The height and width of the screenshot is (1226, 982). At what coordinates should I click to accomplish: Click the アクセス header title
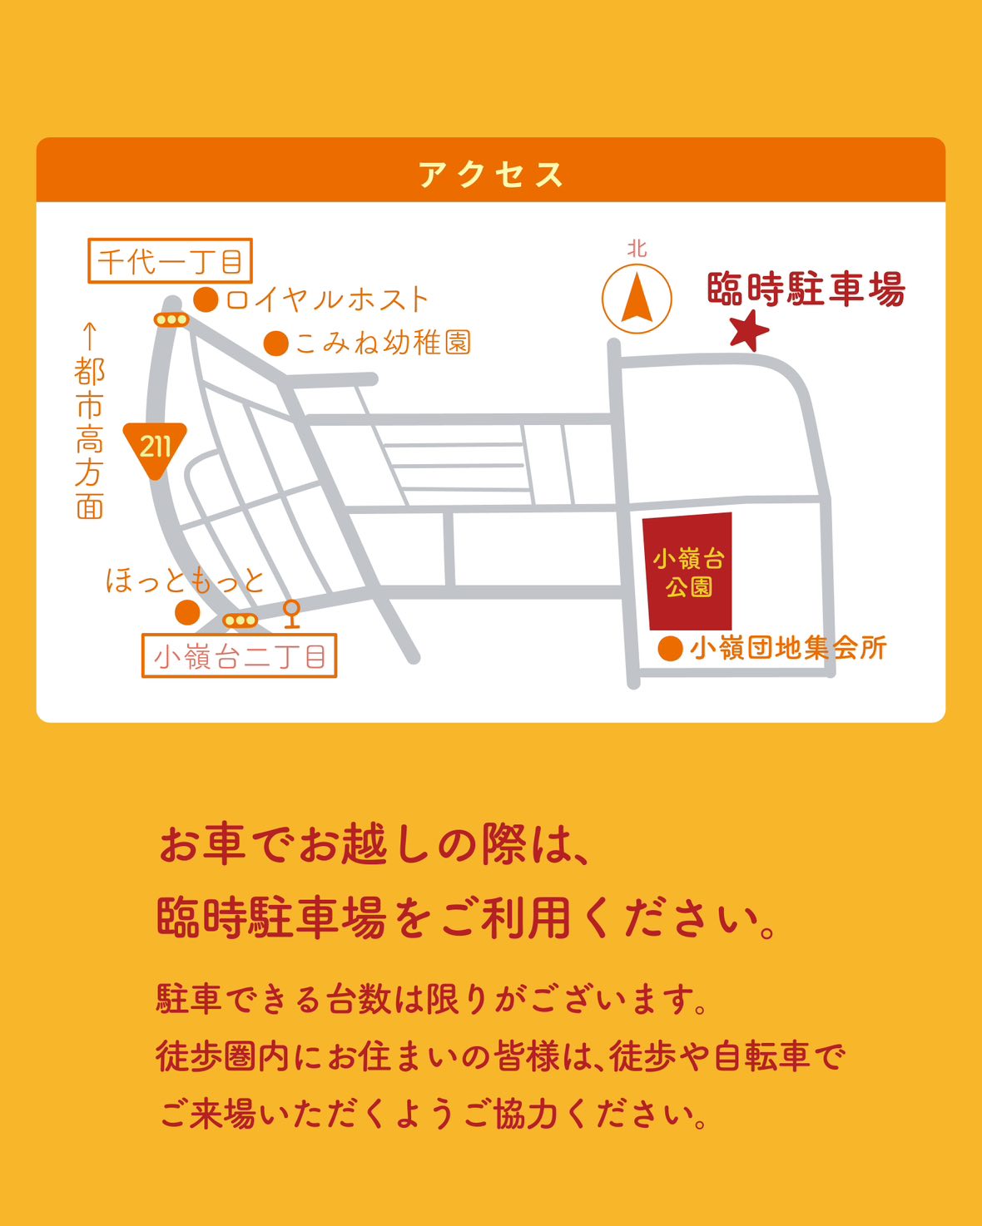(491, 175)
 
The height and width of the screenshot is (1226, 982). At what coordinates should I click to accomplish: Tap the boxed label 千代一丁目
(170, 261)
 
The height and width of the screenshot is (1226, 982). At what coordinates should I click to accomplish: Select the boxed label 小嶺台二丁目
(240, 656)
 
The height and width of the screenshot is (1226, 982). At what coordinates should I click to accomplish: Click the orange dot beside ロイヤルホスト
(206, 299)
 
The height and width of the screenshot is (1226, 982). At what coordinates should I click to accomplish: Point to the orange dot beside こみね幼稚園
(276, 343)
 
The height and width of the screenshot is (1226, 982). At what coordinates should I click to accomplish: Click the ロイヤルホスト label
(327, 299)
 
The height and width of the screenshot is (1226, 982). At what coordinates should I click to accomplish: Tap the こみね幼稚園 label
(384, 343)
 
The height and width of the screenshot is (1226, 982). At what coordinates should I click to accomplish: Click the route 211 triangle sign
(155, 447)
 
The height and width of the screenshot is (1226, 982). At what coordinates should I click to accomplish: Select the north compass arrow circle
(637, 299)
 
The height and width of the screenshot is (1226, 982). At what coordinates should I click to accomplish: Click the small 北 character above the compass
(637, 249)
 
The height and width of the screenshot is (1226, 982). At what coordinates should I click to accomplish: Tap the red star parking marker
(749, 330)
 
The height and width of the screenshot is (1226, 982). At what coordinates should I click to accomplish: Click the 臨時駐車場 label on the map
(806, 289)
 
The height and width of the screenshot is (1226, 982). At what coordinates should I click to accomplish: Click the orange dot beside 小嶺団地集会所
(671, 649)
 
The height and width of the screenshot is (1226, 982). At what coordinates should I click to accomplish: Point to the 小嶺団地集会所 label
(788, 648)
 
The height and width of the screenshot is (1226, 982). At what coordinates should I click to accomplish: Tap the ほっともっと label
(185, 581)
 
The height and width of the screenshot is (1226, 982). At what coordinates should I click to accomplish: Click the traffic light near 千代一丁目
(171, 319)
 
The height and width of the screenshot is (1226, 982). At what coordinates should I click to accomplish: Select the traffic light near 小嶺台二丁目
(241, 620)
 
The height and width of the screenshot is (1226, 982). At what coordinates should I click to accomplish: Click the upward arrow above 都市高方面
(90, 336)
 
